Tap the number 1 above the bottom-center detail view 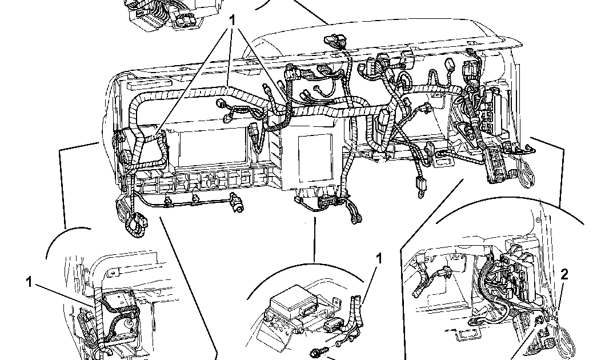378,259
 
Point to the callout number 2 564,275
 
